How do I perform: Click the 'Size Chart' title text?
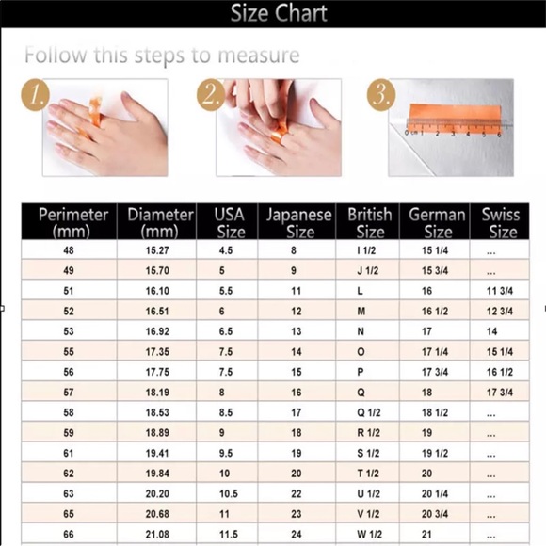coord(279,13)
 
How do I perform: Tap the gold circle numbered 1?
coord(35,95)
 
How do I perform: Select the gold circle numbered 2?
coord(211,95)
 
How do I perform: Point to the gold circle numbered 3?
coord(381,95)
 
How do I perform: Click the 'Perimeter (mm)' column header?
coord(72,222)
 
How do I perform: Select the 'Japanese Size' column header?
coord(298,222)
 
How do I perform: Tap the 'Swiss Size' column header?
coord(501,222)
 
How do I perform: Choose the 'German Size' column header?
coord(437,222)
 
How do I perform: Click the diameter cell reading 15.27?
coord(157,250)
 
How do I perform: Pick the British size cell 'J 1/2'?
coord(368,270)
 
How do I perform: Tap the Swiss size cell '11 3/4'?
coord(500,291)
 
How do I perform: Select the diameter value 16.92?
coord(157,331)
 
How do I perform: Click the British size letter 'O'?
coord(361,352)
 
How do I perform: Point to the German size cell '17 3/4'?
coord(435,372)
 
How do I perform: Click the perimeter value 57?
coord(69,393)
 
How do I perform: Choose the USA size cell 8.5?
coord(226,412)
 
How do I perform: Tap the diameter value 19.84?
coord(157,474)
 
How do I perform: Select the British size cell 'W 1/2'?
coord(369,534)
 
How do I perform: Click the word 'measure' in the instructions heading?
coord(259,56)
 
